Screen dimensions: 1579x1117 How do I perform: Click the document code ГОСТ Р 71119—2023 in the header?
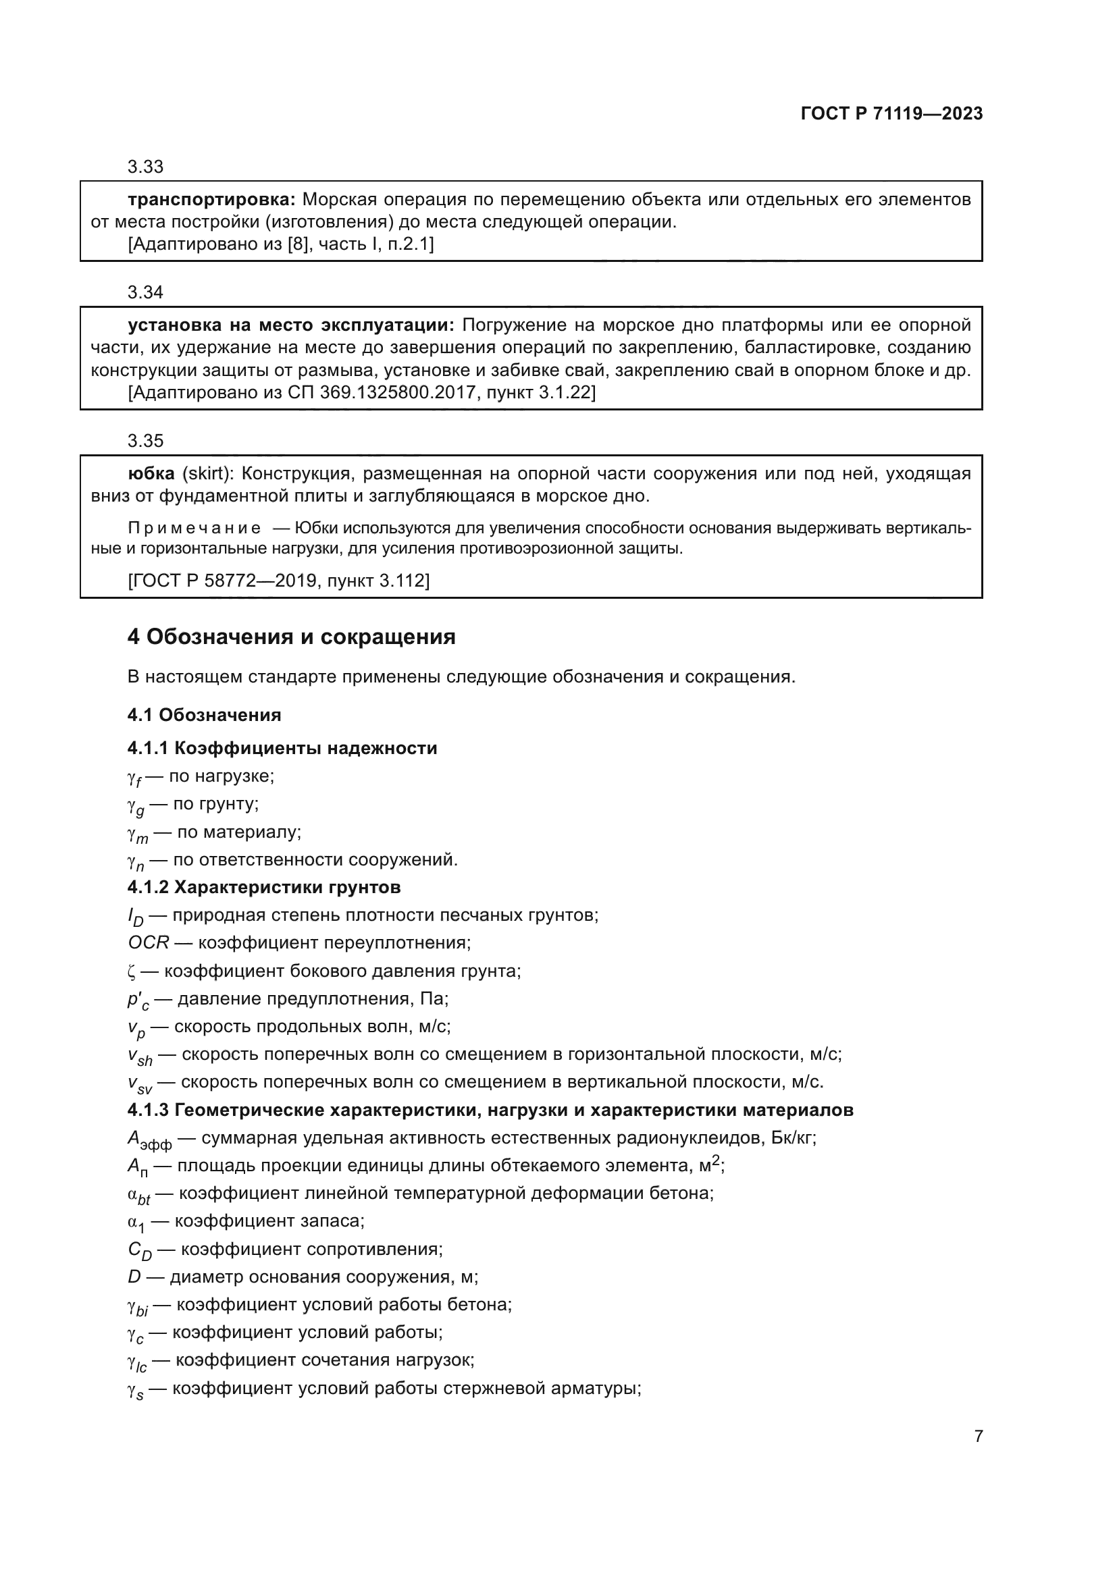point(891,114)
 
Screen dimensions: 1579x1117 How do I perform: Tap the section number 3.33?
point(145,167)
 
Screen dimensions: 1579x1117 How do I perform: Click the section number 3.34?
point(145,292)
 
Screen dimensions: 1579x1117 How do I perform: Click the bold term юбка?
point(151,474)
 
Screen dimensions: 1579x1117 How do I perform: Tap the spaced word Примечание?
point(194,528)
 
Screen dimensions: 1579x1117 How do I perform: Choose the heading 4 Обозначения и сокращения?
point(291,637)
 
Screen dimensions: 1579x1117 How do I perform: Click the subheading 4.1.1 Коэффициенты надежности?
point(282,748)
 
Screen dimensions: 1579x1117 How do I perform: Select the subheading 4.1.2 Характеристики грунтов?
point(263,887)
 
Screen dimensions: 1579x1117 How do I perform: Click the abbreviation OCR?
point(148,943)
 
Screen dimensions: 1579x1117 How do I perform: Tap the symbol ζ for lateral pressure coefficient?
point(132,971)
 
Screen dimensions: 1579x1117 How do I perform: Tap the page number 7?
point(978,1436)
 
